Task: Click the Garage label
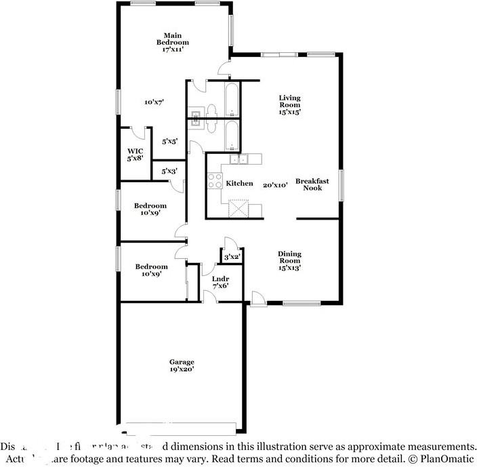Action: pos(182,362)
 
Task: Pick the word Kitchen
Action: pos(239,184)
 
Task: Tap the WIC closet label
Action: pos(135,152)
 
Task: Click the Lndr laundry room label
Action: pos(220,279)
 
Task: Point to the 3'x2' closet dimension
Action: pos(231,257)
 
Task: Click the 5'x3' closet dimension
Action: pos(168,171)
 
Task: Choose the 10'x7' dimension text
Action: pos(154,102)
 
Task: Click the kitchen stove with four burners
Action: pos(215,180)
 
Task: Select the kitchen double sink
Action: pos(239,160)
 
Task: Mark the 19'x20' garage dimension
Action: pos(182,370)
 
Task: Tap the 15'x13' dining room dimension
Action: pos(289,267)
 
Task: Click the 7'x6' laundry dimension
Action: pos(220,285)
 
